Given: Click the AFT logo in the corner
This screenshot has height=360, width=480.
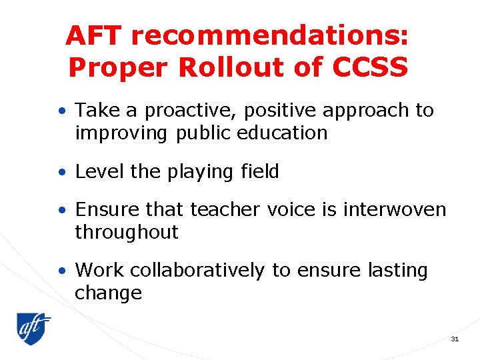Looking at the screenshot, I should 34,328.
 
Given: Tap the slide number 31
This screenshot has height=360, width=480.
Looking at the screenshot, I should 455,339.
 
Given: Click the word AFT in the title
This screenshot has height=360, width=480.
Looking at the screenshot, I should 94,37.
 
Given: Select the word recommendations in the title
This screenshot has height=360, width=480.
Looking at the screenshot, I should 268,37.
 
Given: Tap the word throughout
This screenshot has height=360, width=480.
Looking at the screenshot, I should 127,232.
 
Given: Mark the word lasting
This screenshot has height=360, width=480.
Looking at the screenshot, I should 397,271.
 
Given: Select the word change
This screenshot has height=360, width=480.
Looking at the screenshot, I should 108,293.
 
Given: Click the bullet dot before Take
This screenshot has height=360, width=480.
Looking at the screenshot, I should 61,111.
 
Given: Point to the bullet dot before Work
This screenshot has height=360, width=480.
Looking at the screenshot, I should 61,271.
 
